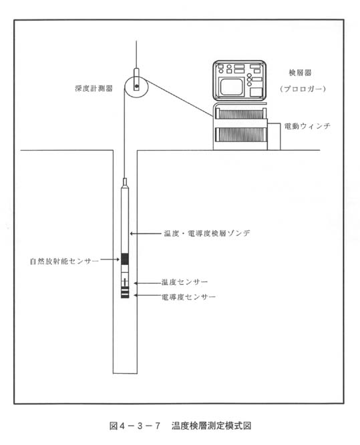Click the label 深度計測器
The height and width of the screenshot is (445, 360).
click(94, 89)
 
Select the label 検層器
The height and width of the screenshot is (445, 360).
click(300, 73)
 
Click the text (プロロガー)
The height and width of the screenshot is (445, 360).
click(303, 89)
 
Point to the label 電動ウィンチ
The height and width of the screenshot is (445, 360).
click(307, 126)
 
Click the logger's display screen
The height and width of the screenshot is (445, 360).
click(231, 87)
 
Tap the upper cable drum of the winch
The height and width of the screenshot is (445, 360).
click(241, 113)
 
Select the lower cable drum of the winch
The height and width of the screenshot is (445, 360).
click(241, 135)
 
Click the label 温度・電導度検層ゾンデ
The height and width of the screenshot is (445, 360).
click(207, 234)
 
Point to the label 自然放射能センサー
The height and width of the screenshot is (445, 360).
click(64, 261)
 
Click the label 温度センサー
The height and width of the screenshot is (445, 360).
click(185, 282)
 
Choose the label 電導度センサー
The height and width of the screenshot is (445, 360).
click(188, 297)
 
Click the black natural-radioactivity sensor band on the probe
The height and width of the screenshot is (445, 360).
click(125, 259)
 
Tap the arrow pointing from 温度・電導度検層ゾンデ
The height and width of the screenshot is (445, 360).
click(146, 234)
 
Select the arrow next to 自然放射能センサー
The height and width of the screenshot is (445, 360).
click(110, 260)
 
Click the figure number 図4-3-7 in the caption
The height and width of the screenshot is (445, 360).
click(135, 426)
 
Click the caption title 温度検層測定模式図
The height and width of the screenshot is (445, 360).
click(212, 426)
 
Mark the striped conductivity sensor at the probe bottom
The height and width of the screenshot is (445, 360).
click(125, 292)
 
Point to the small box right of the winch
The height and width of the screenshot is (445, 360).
click(274, 137)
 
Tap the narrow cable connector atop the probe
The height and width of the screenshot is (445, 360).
click(124, 182)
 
